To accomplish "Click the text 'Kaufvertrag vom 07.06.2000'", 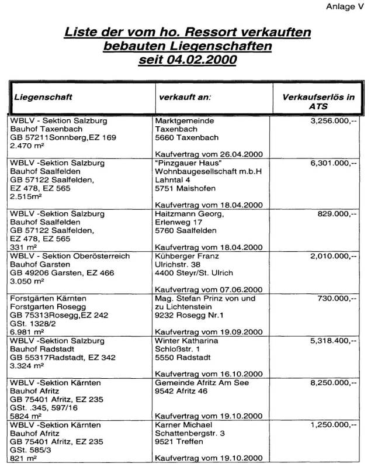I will (x=209, y=289).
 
